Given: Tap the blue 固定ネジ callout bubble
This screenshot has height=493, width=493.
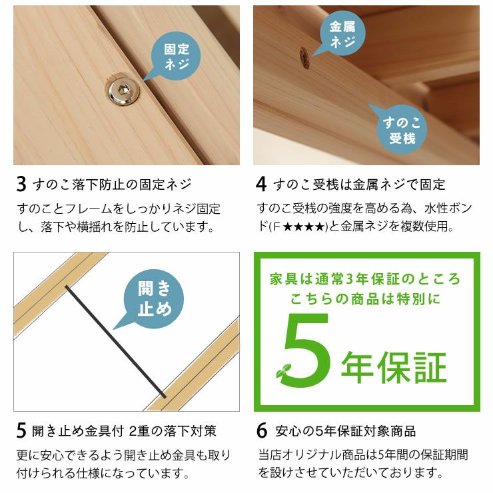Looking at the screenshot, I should tap(176, 57).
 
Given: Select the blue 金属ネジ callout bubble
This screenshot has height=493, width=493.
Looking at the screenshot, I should tap(342, 35).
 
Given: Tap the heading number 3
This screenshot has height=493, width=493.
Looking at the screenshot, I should tap(21, 184).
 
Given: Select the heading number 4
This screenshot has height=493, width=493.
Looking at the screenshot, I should tap(262, 184).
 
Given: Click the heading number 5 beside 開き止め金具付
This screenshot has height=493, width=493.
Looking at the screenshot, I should tap(21, 431).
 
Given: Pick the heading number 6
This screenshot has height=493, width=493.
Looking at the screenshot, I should tap(262, 431).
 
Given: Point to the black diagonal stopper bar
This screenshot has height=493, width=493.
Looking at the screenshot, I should tap(114, 338).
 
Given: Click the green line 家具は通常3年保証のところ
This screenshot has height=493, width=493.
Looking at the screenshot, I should tap(365, 278).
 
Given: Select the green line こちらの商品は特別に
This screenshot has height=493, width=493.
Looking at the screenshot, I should tap(365, 299).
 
